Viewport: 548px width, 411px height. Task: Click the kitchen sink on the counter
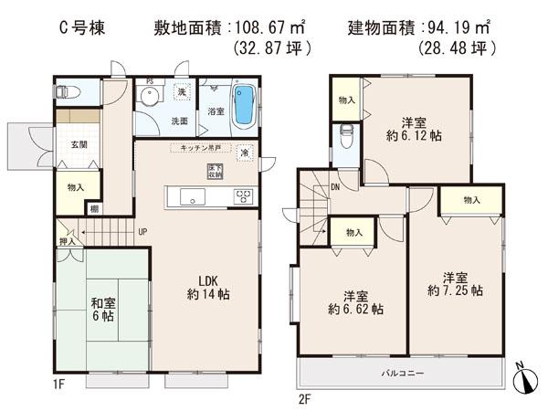[193, 195]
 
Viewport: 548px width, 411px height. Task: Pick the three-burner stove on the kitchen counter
[243, 195]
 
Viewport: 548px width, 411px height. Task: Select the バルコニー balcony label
[401, 374]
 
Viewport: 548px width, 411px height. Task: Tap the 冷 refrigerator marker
[245, 153]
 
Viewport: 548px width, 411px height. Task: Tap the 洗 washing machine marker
[182, 94]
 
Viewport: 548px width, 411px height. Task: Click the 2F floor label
[305, 399]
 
